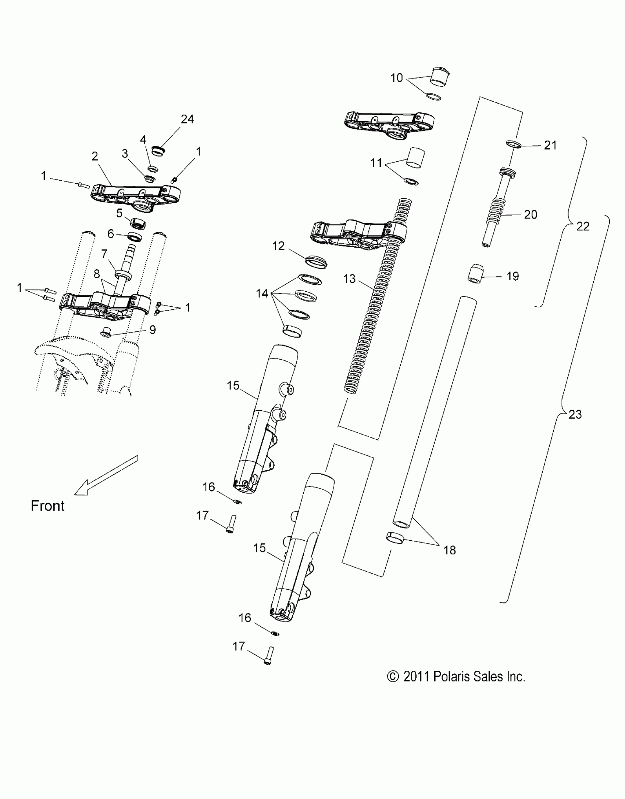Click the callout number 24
pos(187,119)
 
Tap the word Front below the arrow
pos(47,506)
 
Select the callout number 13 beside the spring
pos(349,279)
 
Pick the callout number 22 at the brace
pos(583,226)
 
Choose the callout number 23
pos(575,414)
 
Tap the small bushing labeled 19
pos(475,274)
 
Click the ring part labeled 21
pos(514,144)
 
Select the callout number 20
pos(531,214)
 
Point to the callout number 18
pos(449,560)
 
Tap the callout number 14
pos(262,294)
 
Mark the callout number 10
pos(396,78)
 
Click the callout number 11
pos(376,163)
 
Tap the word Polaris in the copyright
pos(452,676)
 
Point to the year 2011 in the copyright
pos(417,676)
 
